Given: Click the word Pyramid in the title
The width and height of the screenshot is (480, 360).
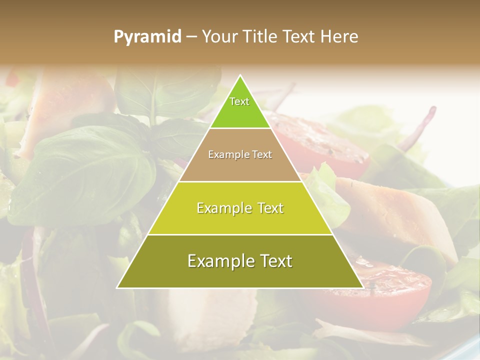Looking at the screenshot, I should pyautogui.click(x=147, y=36).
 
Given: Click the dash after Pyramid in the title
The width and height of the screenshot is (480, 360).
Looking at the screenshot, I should pyautogui.click(x=191, y=37).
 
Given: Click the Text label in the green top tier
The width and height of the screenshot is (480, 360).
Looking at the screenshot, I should pyautogui.click(x=239, y=101).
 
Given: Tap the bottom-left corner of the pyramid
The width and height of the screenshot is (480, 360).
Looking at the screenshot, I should pyautogui.click(x=117, y=287).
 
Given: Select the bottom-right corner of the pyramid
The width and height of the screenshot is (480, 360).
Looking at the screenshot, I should pyautogui.click(x=363, y=287).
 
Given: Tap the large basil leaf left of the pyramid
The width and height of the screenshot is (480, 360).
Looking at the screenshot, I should pyautogui.click(x=85, y=170).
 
